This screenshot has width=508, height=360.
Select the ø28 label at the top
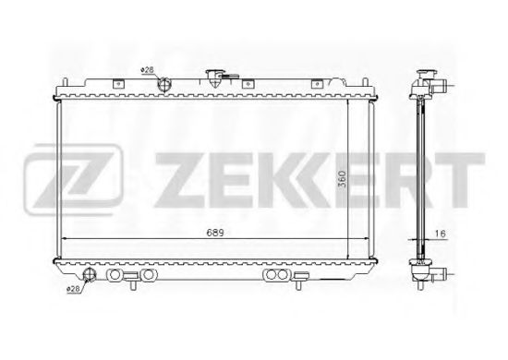coord(147,70)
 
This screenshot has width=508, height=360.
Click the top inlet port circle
coord(164,86)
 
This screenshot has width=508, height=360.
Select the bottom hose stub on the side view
coord(442,274)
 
